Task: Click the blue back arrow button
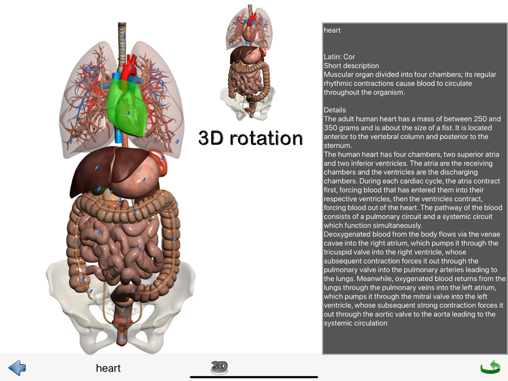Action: (x=17, y=368)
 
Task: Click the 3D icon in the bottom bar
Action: (x=219, y=367)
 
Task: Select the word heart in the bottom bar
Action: (x=108, y=368)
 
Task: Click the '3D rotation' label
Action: (x=250, y=138)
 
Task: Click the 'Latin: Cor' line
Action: (x=339, y=57)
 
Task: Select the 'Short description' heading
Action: (x=351, y=66)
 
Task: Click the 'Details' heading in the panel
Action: (x=335, y=110)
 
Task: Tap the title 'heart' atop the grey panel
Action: (x=332, y=30)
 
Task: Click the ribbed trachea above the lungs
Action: (x=121, y=45)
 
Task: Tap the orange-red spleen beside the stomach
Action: (x=160, y=161)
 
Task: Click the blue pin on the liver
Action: (x=97, y=168)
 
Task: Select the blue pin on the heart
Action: (x=128, y=113)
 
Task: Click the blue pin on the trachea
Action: (x=123, y=37)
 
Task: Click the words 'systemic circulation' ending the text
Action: (x=356, y=323)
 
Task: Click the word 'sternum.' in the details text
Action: (x=337, y=145)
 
